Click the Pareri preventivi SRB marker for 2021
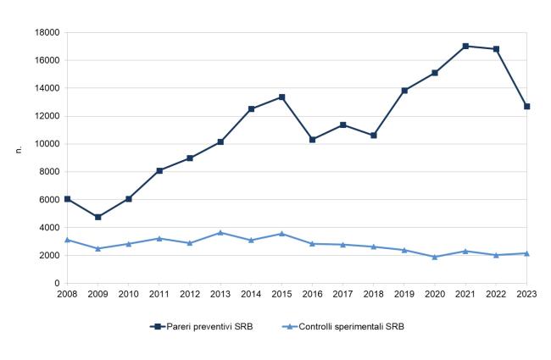(x=465, y=46)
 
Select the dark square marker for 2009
(x=98, y=217)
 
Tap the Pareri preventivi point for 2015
(x=281, y=97)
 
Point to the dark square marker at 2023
(x=526, y=107)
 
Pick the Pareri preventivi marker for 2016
(x=313, y=140)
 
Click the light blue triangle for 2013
(x=220, y=232)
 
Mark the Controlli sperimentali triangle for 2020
(x=435, y=257)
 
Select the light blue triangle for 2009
(x=98, y=248)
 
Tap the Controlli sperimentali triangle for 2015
(x=281, y=234)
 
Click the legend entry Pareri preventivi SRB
(x=202, y=327)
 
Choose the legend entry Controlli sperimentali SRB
(x=343, y=327)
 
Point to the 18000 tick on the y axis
(x=47, y=33)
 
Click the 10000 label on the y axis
(x=47, y=144)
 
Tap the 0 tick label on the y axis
(x=58, y=283)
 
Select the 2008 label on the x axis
(x=67, y=294)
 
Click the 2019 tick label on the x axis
(x=404, y=294)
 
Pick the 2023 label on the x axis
(x=526, y=294)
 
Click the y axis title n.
(x=19, y=149)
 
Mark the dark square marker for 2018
(x=374, y=136)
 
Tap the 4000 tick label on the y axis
(x=49, y=228)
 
